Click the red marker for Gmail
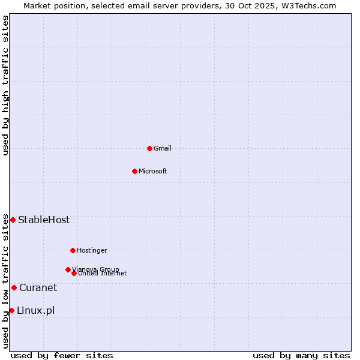pos(149,148)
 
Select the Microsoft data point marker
pos(134,171)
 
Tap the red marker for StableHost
pos(13,220)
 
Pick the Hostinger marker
pos(73,250)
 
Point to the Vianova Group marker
pos(68,269)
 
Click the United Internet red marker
pos(74,273)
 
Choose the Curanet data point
pos(14,287)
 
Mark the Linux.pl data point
pos(11,310)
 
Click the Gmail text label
pos(163,148)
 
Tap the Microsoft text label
pos(153,171)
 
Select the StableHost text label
pos(44,220)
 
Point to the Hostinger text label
pos(92,250)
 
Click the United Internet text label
pos(103,274)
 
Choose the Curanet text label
pos(38,287)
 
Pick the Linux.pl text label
pos(35,310)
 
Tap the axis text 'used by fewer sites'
pos(62,355)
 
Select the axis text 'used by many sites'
pos(301,355)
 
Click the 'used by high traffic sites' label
pos(5,85)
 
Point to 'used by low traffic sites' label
pos(5,280)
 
